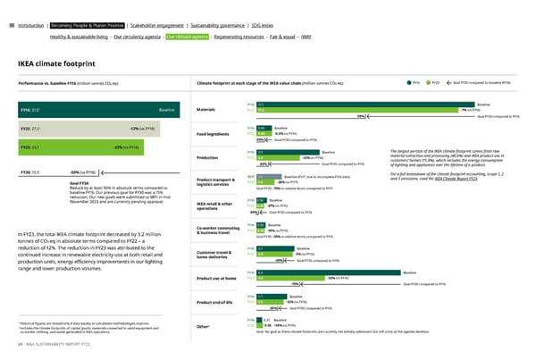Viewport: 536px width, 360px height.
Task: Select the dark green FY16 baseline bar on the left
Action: (89, 110)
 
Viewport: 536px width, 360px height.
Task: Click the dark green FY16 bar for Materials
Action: (357, 105)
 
